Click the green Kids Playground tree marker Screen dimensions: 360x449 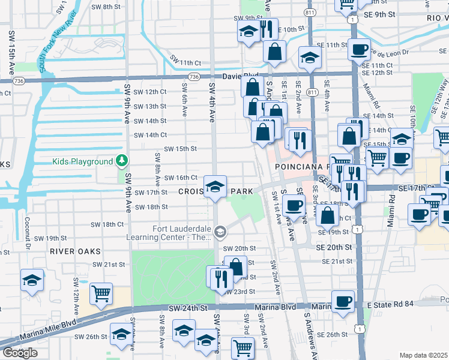click(x=122, y=161)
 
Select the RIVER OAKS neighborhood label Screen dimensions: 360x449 click(x=75, y=251)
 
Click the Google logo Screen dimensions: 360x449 click(x=20, y=353)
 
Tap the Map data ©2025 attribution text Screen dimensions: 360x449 click(x=423, y=355)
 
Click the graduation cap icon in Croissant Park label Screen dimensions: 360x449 click(x=214, y=186)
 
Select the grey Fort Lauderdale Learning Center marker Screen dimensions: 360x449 click(x=220, y=232)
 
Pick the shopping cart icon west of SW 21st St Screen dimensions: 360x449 click(x=101, y=293)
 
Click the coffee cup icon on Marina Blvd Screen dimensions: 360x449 click(x=343, y=301)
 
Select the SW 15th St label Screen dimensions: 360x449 click(x=181, y=149)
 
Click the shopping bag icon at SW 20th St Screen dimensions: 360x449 click(x=236, y=266)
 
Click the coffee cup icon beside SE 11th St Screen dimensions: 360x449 click(x=360, y=50)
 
